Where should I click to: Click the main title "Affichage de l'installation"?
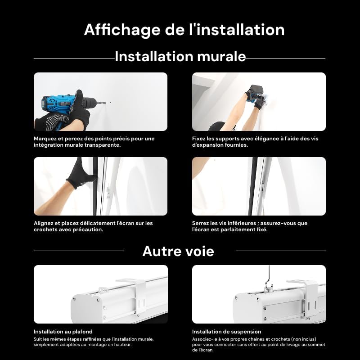[184, 30]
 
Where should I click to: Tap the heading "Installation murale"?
[180, 57]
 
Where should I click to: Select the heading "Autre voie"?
[178, 251]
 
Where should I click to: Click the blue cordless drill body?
[56, 104]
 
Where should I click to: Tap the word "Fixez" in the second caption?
[199, 139]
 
